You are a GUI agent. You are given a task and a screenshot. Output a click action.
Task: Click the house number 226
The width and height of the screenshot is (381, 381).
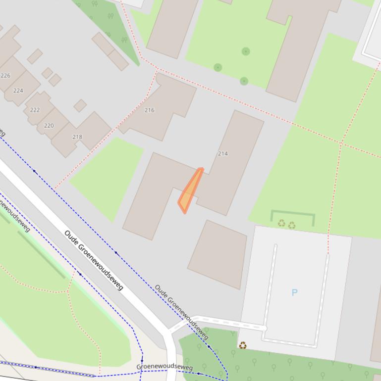click(5, 76)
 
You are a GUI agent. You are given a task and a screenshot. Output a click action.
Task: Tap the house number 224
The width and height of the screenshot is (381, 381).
click(18, 91)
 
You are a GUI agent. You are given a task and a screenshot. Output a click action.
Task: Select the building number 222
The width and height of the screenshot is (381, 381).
click(35, 110)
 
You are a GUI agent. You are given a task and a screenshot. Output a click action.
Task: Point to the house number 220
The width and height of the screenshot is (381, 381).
click(49, 126)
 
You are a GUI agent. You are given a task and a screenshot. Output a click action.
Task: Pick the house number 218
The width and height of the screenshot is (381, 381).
click(77, 137)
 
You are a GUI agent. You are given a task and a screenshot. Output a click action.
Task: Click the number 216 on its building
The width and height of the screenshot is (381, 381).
click(150, 110)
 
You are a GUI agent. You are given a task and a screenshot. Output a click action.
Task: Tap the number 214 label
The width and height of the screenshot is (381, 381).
click(223, 154)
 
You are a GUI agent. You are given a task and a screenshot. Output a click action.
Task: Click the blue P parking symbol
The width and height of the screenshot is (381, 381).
click(294, 292)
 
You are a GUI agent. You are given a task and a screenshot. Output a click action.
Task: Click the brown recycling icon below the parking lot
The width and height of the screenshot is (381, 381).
click(243, 345)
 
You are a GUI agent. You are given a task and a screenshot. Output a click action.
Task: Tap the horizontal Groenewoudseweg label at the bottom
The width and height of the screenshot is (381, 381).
click(164, 368)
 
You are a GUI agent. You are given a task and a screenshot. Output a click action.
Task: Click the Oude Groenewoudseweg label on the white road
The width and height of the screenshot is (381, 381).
click(93, 260)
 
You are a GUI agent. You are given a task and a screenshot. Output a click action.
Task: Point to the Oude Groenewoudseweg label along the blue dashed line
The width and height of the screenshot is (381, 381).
click(181, 312)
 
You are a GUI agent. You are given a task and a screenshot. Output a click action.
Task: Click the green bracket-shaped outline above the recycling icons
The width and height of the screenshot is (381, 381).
click(292, 213)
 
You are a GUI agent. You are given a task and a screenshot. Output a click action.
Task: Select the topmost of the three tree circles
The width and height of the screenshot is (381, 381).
click(246, 51)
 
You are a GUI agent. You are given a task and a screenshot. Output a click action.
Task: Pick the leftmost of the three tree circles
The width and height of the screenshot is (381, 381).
click(218, 67)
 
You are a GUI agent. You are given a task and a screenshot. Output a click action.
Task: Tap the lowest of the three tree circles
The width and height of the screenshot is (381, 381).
click(244, 81)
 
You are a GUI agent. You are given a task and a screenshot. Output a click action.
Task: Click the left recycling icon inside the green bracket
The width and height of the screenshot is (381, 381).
click(281, 224)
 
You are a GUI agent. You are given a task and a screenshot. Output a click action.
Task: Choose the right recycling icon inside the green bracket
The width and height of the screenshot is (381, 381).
click(292, 225)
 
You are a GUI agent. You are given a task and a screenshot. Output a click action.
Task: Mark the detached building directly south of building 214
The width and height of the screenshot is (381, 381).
click(218, 254)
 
